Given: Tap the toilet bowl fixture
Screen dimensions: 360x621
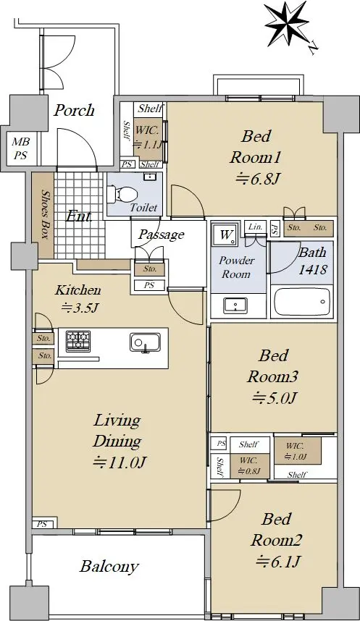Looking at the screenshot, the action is [122, 194].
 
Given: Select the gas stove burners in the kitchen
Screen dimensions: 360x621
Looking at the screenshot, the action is [78, 341].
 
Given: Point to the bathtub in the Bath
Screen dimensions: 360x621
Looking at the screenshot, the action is [302, 302].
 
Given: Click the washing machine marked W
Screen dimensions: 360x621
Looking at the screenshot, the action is [225, 235].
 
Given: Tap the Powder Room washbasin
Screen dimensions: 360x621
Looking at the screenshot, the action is [235, 305].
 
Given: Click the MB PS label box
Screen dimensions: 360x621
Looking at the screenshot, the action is [21, 148].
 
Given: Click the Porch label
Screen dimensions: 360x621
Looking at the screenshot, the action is [74, 110].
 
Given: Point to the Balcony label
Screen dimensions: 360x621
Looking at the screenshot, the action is [109, 566].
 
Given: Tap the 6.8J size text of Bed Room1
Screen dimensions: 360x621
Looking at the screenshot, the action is [259, 179].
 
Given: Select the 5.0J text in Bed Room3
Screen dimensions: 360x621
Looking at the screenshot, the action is [274, 397].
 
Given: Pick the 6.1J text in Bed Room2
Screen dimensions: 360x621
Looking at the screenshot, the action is [279, 561].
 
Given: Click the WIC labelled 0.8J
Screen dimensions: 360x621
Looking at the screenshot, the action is [248, 465].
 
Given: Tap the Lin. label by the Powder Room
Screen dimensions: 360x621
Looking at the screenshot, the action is [255, 227].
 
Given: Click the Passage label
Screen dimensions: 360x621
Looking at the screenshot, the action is [162, 235].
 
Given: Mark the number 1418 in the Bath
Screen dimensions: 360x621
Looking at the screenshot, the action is [313, 269].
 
